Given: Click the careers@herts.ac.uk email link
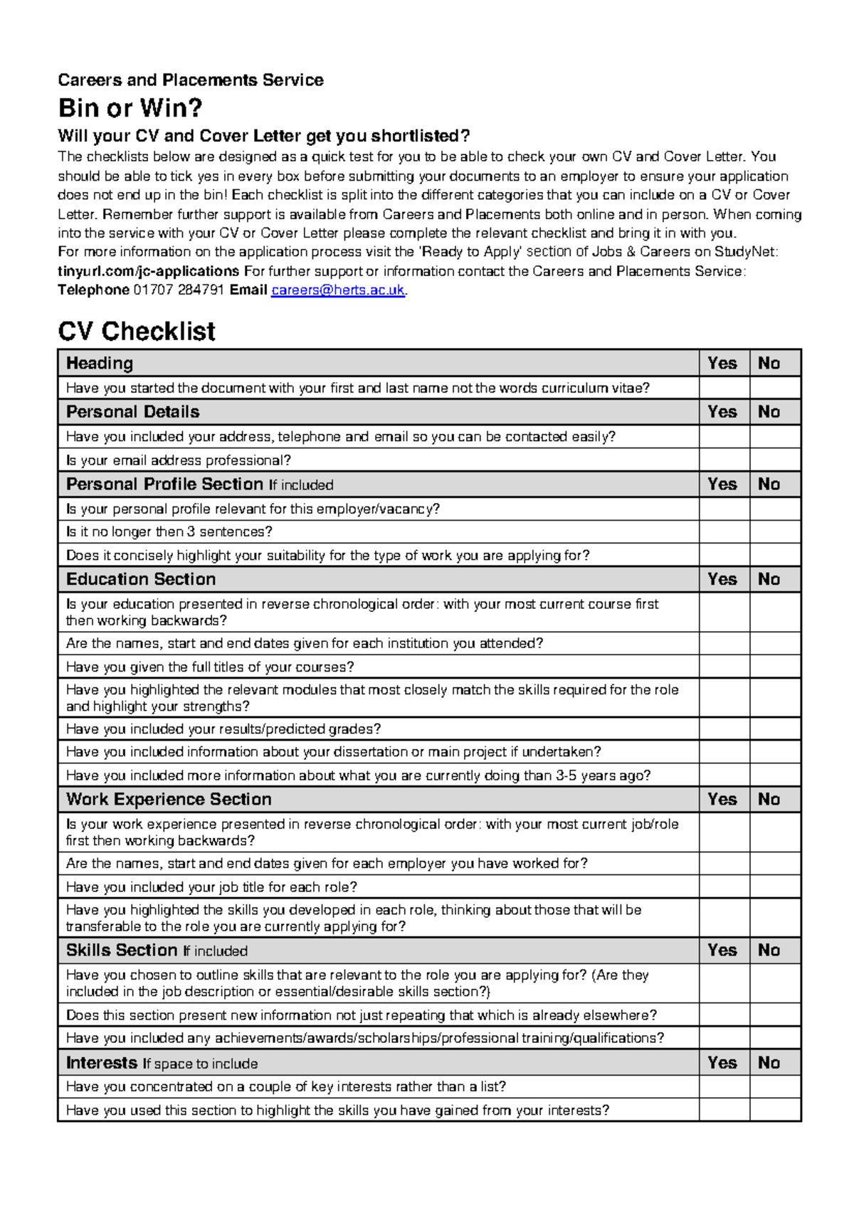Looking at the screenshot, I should [338, 290].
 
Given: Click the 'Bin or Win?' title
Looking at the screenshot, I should [130, 108].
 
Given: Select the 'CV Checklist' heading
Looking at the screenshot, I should [137, 332].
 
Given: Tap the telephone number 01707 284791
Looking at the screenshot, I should [179, 290].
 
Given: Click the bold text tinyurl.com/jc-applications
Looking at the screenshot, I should [148, 271].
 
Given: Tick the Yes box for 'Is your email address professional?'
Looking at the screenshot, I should [724, 460].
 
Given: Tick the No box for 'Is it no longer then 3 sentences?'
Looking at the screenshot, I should [775, 531].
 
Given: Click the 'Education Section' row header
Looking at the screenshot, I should [141, 579].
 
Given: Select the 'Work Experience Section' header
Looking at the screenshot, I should [169, 799].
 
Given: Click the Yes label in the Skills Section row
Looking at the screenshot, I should [722, 950].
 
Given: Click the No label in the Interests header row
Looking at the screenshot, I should [769, 1063].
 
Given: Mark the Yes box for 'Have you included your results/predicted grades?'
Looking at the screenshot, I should [724, 729].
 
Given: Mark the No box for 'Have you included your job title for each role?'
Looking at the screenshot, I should [775, 887].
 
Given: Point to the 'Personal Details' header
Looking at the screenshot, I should [133, 412].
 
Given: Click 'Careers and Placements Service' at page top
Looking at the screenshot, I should [191, 80].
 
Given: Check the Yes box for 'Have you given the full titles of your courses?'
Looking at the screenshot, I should [724, 667].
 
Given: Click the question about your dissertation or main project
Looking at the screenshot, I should [333, 752].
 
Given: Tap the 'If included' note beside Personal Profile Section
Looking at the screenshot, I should [301, 485].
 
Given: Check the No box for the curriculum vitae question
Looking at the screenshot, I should [775, 388].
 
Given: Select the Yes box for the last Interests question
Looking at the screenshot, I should [724, 1111].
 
